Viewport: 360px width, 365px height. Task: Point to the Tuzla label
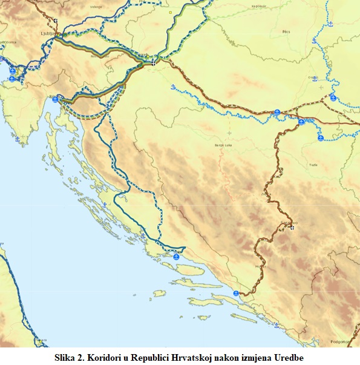pos(313,165)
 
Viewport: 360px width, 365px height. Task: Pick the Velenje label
pos(96,7)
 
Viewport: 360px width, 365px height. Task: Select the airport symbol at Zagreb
pos(154,62)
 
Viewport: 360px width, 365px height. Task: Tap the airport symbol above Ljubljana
pos(56,21)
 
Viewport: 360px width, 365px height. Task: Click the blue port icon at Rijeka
pos(55,99)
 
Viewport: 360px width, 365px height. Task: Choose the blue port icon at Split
pos(177,257)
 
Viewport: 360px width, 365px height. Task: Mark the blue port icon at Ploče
pos(235,294)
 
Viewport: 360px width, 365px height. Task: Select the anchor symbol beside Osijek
pos(315,77)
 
